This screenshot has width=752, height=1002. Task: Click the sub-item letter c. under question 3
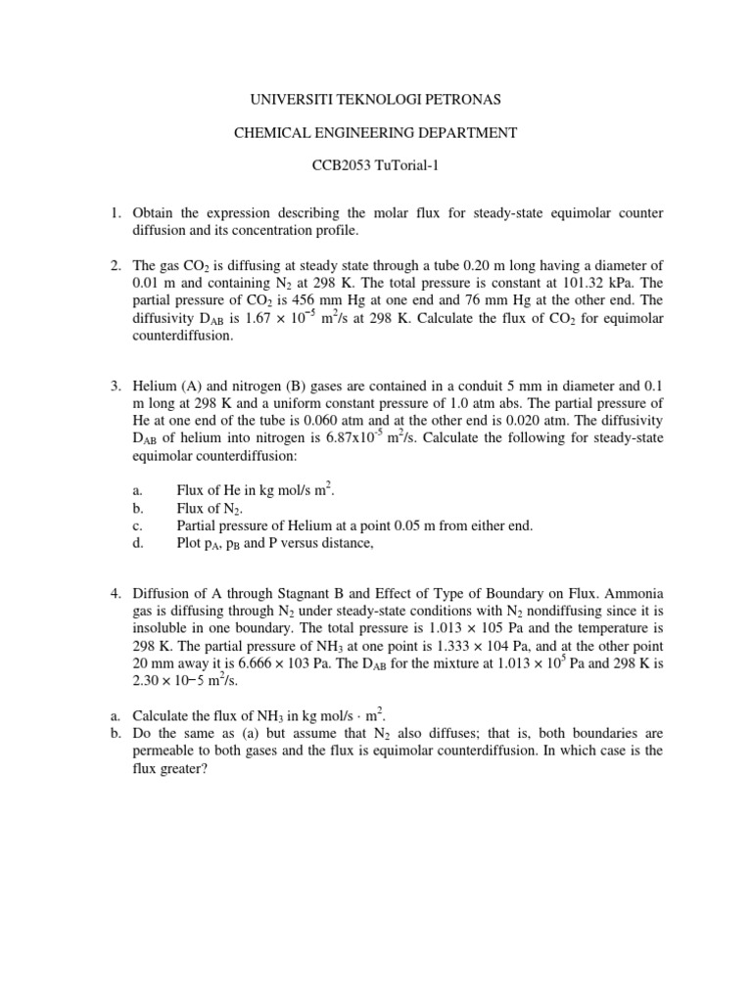click(x=137, y=525)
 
